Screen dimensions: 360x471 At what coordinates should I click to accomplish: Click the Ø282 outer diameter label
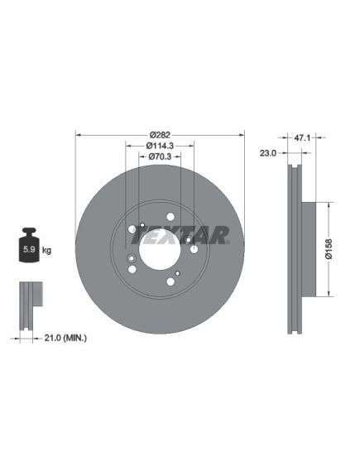pyautogui.click(x=160, y=135)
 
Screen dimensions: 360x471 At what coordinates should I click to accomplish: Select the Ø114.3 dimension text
pyautogui.click(x=160, y=146)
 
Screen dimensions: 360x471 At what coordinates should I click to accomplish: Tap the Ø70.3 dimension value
pyautogui.click(x=160, y=156)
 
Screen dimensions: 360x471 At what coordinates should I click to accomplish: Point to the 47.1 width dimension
pyautogui.click(x=302, y=138)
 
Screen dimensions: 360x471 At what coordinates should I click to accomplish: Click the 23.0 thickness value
pyautogui.click(x=268, y=153)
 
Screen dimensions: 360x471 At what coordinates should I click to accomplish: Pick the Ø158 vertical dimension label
pyautogui.click(x=329, y=249)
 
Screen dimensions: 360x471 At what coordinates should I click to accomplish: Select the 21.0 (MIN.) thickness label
pyautogui.click(x=65, y=338)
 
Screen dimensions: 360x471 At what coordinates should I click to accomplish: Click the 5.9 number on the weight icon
pyautogui.click(x=29, y=249)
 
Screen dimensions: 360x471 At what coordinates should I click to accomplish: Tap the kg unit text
pyautogui.click(x=46, y=250)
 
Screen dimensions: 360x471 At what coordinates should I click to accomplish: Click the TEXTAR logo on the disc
pyautogui.click(x=180, y=235)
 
